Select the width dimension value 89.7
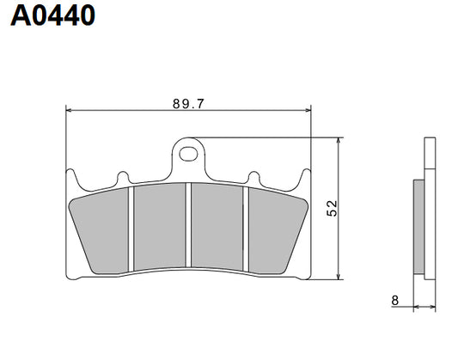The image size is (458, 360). point(187,103)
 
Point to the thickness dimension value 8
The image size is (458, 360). point(394,300)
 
